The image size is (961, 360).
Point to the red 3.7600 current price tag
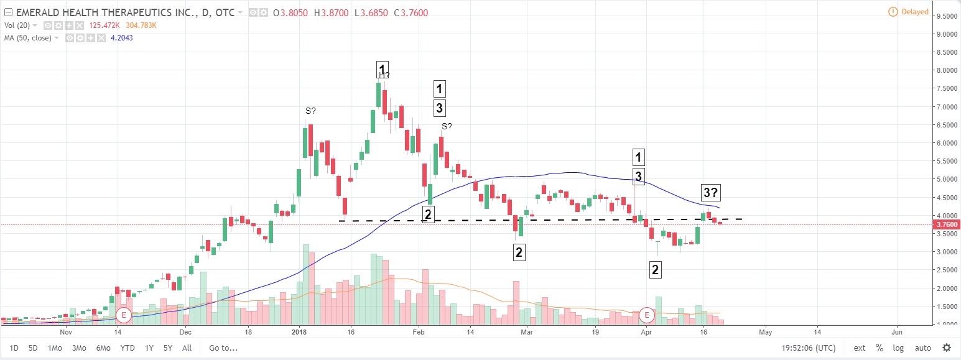pyautogui.click(x=947, y=224)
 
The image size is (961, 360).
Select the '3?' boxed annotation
pyautogui.click(x=711, y=192)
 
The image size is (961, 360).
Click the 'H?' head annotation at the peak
pyautogui.click(x=384, y=76)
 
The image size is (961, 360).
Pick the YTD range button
pyautogui.click(x=128, y=348)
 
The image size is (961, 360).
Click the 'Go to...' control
pyautogui.click(x=223, y=348)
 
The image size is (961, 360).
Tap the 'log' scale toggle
pyautogui.click(x=898, y=348)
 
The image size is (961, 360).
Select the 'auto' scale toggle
pyautogui.click(x=923, y=348)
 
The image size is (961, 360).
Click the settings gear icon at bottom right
pyautogui.click(x=947, y=348)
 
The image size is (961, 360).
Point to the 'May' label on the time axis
pyautogui.click(x=764, y=333)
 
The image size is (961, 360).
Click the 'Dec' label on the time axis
pyautogui.click(x=185, y=333)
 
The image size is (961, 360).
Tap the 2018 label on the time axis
pyautogui.click(x=299, y=333)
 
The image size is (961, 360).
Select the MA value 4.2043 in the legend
pyautogui.click(x=121, y=38)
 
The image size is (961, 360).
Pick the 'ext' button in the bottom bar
pyautogui.click(x=860, y=348)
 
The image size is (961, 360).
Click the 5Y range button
pyautogui.click(x=167, y=348)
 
